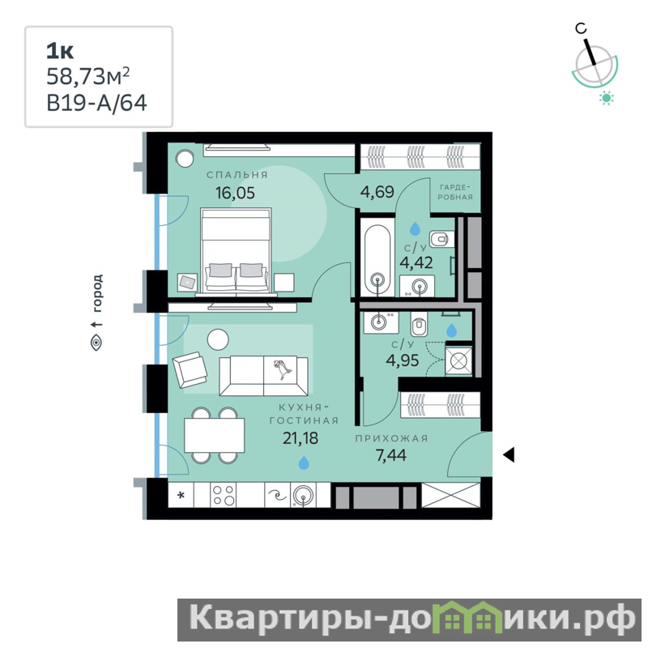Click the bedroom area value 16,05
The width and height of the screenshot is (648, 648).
(x=235, y=193)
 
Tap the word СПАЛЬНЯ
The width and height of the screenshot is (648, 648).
(x=237, y=175)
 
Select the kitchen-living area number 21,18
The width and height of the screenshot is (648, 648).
(x=301, y=437)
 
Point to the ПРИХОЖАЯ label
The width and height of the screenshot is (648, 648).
(x=391, y=438)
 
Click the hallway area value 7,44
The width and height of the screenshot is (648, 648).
(x=391, y=455)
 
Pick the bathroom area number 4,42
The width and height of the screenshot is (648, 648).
(x=416, y=262)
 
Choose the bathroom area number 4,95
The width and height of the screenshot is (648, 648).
(x=403, y=360)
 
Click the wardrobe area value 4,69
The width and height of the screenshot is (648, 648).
(x=377, y=192)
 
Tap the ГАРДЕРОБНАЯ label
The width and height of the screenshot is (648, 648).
(x=455, y=192)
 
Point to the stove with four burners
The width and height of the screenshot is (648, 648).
(x=224, y=495)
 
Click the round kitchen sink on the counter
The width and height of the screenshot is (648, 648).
(x=303, y=495)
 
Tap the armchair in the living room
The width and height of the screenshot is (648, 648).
(x=190, y=369)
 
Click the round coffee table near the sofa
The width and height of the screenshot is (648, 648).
(x=218, y=339)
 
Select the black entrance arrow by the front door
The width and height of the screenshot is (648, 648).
(x=509, y=454)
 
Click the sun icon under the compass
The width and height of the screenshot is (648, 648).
(x=606, y=98)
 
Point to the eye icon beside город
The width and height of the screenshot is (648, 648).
(x=96, y=343)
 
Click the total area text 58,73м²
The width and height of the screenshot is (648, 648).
(x=88, y=76)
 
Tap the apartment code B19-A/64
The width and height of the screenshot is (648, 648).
(x=96, y=103)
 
